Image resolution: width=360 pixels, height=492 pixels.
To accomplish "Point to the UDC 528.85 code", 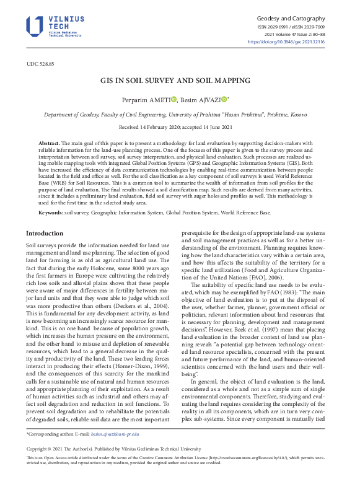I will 40,64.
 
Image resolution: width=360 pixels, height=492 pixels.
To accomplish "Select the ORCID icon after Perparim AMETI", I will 174,99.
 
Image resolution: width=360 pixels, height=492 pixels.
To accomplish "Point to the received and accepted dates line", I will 180,127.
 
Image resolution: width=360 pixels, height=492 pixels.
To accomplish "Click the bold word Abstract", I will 50,143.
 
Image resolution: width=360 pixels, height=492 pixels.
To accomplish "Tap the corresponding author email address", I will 115,436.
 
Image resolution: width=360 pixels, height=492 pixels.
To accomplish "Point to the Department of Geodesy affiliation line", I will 180,115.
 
